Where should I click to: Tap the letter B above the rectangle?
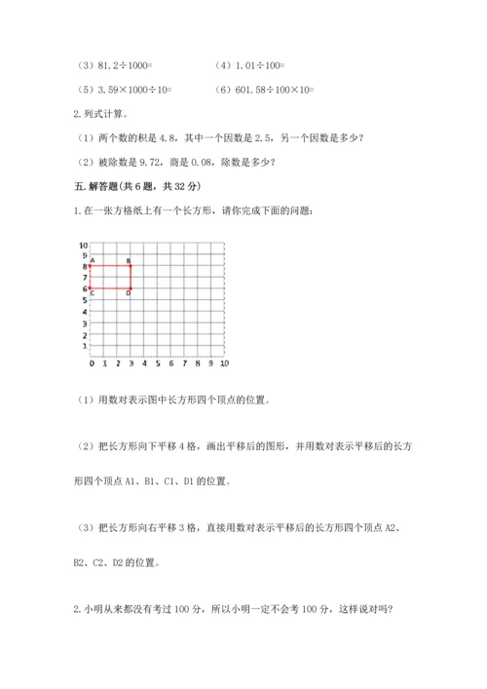click(x=129, y=259)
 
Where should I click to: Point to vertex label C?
click(x=92, y=293)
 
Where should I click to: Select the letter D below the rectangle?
click(x=129, y=293)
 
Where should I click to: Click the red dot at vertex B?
click(x=131, y=265)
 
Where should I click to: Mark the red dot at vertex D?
click(x=131, y=288)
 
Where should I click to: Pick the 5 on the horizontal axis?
click(x=157, y=364)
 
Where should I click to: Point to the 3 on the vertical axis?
click(x=85, y=323)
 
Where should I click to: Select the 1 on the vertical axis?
click(x=85, y=345)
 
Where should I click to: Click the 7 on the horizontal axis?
click(x=184, y=364)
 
